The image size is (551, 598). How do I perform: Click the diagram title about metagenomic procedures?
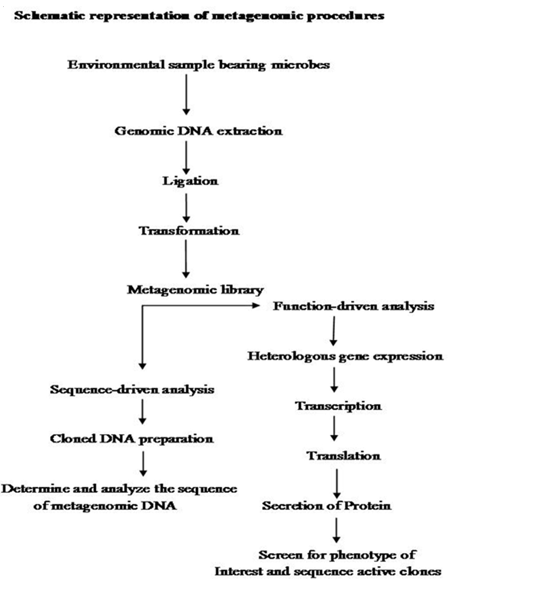point(199,16)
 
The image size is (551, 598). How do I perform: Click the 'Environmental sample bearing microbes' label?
point(199,65)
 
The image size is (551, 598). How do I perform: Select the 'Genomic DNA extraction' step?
point(199,131)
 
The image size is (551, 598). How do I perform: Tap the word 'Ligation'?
point(190,181)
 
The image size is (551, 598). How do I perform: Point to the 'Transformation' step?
point(189,231)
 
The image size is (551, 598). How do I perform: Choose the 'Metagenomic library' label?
point(195,290)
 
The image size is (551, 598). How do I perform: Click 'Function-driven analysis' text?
point(353,306)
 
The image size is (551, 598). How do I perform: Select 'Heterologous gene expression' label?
point(345,356)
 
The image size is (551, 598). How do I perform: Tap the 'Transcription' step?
point(339,406)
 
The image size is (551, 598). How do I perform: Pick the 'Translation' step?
point(344,456)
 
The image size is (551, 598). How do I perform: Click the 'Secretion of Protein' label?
point(326,506)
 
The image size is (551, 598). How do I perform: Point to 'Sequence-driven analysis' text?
point(132,389)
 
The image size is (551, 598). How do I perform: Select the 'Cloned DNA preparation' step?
point(131,439)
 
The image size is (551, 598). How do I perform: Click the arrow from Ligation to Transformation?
point(186,208)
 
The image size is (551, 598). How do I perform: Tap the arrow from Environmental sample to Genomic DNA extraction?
point(186,94)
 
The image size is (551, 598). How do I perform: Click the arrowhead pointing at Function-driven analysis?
point(256,305)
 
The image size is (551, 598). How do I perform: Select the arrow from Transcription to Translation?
point(334,428)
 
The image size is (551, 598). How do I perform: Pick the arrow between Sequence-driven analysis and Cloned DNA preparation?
point(143,412)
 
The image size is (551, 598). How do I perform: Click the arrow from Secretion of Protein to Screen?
point(336,530)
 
